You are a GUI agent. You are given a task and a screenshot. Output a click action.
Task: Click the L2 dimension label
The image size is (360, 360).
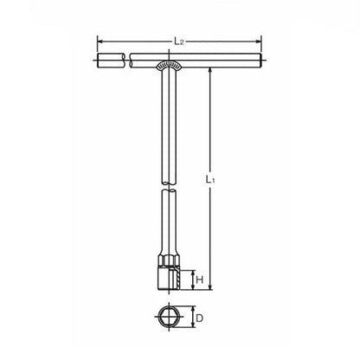178,41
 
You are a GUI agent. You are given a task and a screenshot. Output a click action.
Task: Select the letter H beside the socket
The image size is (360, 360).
198,279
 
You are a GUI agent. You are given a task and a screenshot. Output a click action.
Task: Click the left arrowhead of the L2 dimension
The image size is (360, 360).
100,39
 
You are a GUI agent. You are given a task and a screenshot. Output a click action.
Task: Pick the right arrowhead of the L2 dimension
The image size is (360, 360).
258,39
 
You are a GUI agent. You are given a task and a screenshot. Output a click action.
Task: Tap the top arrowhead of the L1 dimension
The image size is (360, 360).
211,69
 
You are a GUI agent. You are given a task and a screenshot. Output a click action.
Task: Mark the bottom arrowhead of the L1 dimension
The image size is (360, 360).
211,288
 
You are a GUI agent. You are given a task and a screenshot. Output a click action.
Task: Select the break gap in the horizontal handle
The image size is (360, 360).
126,61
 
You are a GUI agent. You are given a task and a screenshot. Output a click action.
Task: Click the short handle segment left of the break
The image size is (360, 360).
112,61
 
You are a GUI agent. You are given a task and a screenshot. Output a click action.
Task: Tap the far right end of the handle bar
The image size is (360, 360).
259,61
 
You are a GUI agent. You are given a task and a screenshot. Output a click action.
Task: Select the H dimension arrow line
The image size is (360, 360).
190,279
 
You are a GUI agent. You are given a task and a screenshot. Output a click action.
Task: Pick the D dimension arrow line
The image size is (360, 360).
190,318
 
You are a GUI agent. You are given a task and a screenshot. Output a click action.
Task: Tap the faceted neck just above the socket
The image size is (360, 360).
167,257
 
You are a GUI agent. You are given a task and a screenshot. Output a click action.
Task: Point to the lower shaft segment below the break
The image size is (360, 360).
167,221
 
